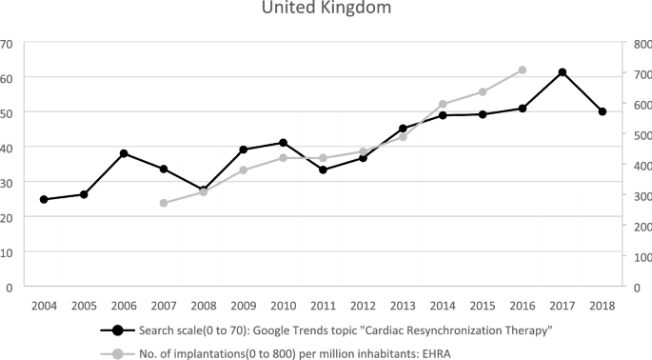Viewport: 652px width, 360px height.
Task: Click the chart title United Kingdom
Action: [x=326, y=10]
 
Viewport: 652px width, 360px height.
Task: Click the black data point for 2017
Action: [x=563, y=72]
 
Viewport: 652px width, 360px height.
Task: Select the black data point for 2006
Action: [x=124, y=153]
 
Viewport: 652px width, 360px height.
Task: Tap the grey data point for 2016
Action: [x=523, y=70]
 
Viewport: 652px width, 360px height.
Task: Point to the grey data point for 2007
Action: [x=164, y=203]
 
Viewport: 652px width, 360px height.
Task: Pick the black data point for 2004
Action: [x=44, y=199]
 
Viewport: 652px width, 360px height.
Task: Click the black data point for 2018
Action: [x=603, y=111]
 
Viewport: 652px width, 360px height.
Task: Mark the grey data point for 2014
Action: [x=443, y=104]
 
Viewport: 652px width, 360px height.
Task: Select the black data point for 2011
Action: [x=323, y=170]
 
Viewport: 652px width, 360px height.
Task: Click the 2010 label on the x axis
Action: [x=283, y=306]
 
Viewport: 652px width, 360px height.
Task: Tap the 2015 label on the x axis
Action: [x=483, y=306]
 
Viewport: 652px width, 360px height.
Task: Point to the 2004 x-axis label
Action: [x=44, y=306]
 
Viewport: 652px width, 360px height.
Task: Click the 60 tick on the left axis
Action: [x=7, y=77]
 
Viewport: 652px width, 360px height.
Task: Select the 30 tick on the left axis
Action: [x=7, y=182]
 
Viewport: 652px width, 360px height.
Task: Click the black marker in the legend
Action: [x=118, y=330]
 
